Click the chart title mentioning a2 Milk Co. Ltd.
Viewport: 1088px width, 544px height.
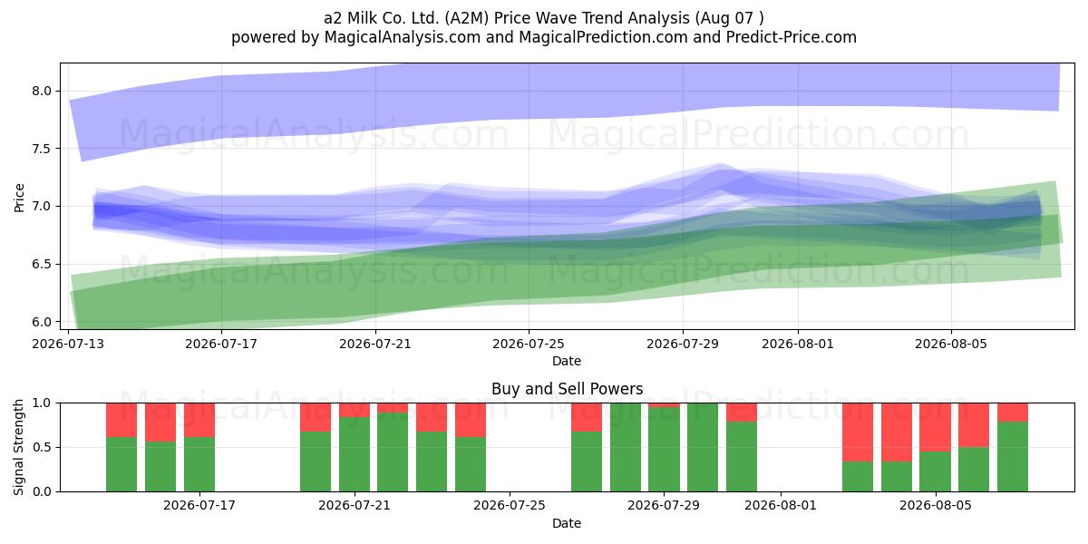coord(543,18)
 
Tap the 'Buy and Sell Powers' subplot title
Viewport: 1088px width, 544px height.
coord(567,389)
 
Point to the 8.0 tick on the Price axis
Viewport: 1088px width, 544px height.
coord(42,91)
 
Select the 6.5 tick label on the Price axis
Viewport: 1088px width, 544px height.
coord(42,264)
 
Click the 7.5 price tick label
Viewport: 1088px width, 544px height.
coord(42,149)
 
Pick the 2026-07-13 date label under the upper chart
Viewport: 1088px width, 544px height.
coord(68,344)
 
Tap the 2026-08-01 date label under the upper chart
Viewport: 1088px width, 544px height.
coord(798,344)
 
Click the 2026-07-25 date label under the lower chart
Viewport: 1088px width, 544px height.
coord(510,505)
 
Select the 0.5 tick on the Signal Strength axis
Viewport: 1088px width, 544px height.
coord(42,447)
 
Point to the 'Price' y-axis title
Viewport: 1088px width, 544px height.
coord(19,198)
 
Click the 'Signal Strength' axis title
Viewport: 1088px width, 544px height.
coord(18,447)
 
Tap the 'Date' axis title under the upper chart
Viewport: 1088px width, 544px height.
coord(567,361)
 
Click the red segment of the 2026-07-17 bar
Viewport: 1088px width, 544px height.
coord(199,420)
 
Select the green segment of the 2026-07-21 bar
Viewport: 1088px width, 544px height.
coord(355,454)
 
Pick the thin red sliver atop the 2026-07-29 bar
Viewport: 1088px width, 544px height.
coord(664,405)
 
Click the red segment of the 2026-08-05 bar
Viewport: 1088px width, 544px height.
coord(936,427)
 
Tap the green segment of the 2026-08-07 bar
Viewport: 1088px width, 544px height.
coord(1013,456)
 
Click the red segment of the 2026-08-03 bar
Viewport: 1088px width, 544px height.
coord(858,432)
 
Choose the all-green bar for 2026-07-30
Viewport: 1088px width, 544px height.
coord(703,447)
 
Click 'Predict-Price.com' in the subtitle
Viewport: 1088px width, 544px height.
coord(792,37)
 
